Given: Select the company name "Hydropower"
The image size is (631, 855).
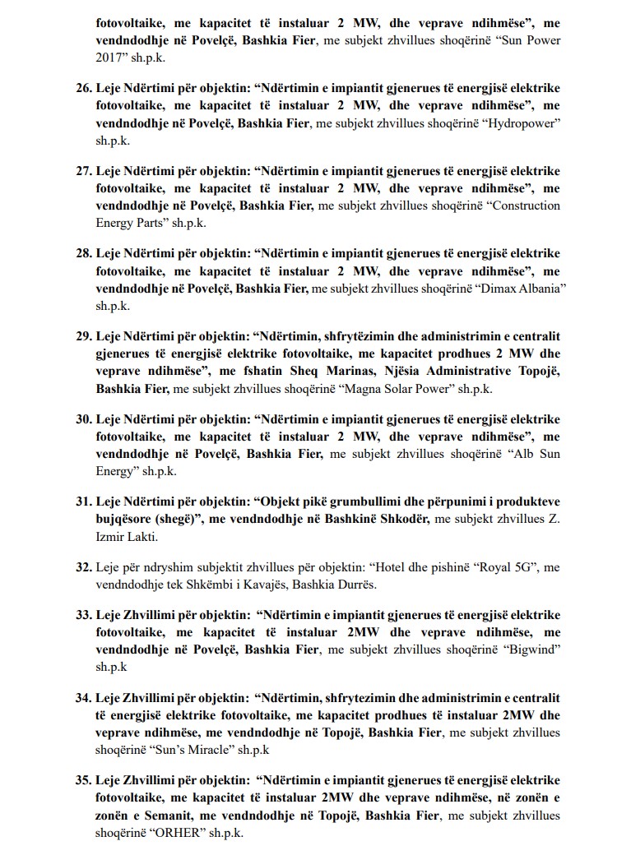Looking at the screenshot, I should [x=525, y=122].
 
